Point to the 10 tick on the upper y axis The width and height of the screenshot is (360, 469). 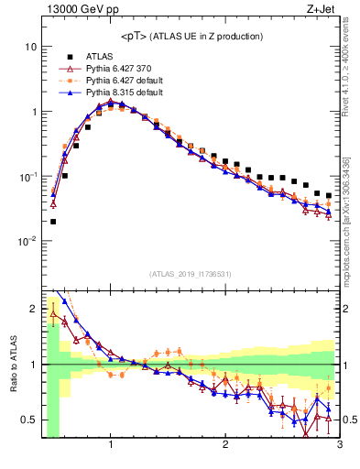(x=30, y=46)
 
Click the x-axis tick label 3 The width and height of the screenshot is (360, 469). (x=339, y=446)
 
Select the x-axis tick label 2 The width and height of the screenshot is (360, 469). (x=225, y=446)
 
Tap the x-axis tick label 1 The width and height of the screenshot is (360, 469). (x=111, y=446)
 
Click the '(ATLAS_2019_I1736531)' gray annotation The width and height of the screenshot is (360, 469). (x=191, y=274)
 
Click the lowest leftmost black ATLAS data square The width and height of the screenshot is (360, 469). (x=53, y=221)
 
